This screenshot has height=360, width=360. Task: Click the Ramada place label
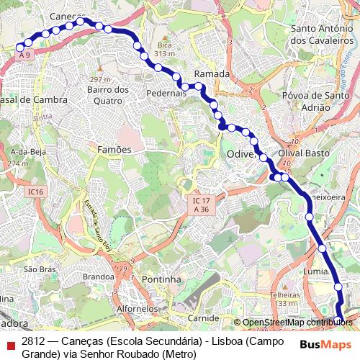tap(212, 74)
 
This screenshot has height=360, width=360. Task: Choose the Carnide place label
tap(203, 318)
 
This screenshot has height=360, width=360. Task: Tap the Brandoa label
tap(99, 276)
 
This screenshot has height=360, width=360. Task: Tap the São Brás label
tap(40, 269)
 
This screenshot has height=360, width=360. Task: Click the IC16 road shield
tap(37, 192)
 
